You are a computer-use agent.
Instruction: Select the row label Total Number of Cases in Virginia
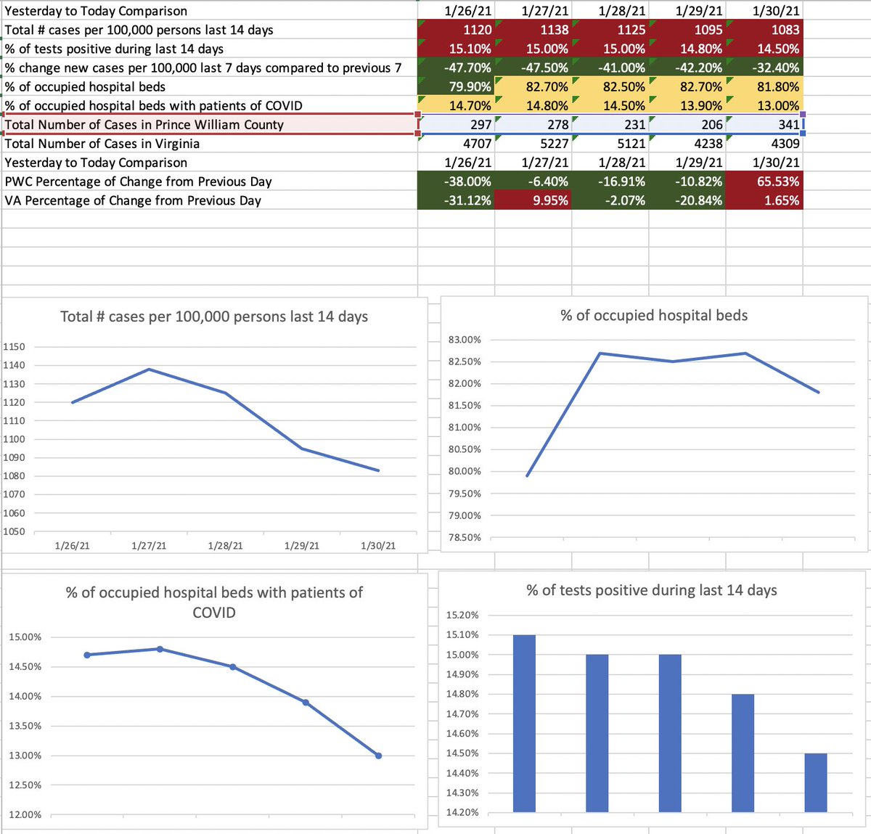click(x=102, y=143)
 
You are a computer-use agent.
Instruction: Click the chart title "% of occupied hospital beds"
click(x=654, y=316)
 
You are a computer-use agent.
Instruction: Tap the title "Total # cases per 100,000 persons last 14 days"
click(x=213, y=316)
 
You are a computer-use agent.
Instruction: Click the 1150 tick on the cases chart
click(x=14, y=347)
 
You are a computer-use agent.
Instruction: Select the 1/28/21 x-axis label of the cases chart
click(x=225, y=546)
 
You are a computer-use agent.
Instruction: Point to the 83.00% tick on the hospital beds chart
click(x=465, y=340)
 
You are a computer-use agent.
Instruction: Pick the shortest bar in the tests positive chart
click(x=816, y=782)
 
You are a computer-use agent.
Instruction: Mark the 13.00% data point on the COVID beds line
click(x=378, y=756)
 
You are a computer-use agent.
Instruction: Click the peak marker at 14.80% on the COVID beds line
click(x=160, y=649)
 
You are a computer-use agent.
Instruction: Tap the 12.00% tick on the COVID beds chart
click(x=25, y=814)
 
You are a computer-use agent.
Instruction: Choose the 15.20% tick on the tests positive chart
click(x=462, y=615)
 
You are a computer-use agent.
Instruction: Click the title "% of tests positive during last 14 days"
click(x=652, y=591)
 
